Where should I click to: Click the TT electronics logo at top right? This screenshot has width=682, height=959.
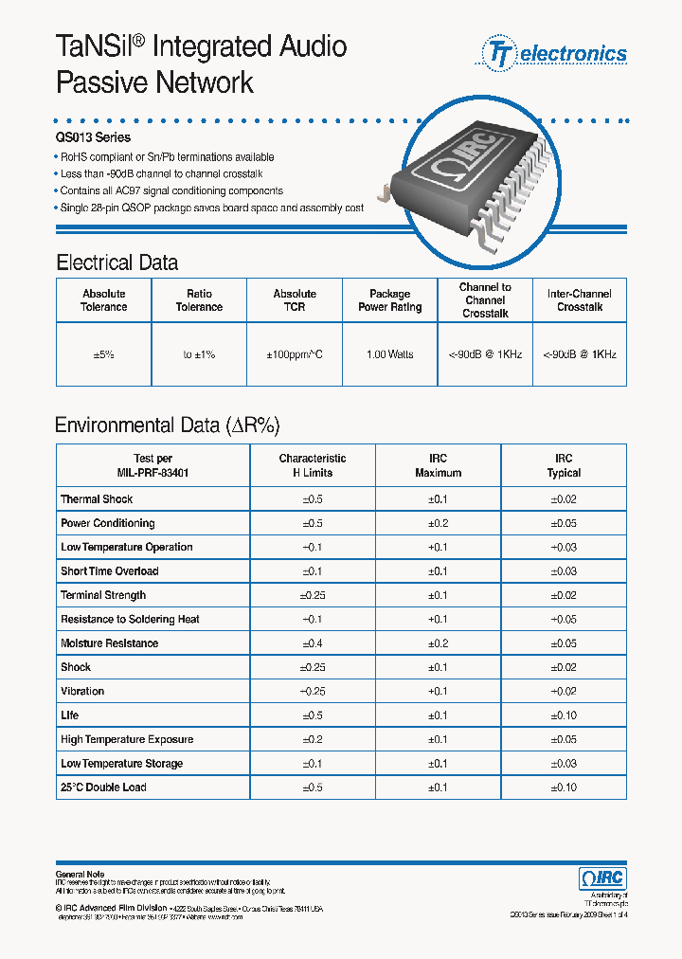tap(556, 53)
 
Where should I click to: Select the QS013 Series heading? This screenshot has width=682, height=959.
tap(93, 138)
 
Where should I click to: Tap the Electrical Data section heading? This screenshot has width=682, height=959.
tap(117, 262)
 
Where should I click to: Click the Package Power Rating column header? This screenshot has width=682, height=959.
tap(389, 300)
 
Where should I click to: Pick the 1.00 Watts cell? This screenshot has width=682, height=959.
tap(389, 354)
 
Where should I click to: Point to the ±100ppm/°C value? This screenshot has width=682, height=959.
tap(295, 354)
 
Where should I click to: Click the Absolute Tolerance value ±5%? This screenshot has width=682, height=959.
tap(104, 354)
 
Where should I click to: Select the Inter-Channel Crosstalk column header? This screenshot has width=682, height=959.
tap(580, 300)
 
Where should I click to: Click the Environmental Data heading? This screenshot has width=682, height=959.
tap(168, 425)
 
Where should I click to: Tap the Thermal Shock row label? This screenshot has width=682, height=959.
tap(97, 499)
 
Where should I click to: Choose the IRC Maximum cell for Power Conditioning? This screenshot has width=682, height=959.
tap(438, 523)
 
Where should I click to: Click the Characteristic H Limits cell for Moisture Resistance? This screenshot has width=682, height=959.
tap(312, 643)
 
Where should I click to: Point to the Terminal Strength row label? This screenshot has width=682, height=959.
tap(103, 595)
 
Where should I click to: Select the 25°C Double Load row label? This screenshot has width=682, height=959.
tap(103, 787)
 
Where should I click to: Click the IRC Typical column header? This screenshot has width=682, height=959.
tap(564, 465)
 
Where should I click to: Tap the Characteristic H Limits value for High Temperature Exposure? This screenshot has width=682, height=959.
tap(312, 739)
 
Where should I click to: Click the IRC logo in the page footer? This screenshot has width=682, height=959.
tap(601, 878)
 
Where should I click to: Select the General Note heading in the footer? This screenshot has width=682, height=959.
tap(81, 874)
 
